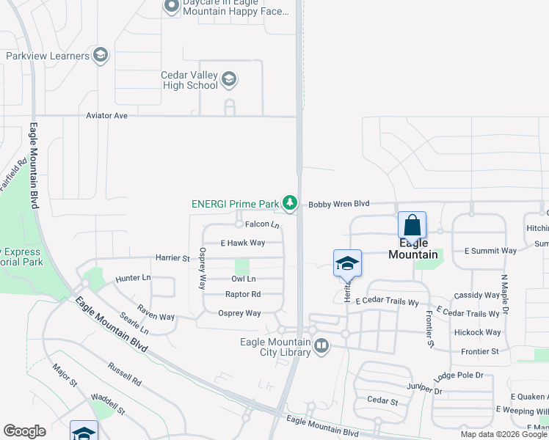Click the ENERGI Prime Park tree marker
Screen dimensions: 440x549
[291, 203]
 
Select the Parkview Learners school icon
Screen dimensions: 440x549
[101, 56]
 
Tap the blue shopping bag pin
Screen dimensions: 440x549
[412, 226]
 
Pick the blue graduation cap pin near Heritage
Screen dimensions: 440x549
[347, 264]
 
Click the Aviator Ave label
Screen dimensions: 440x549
[106, 116]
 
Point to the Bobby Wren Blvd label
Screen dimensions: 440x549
[338, 204]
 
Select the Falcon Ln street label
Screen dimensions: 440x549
[262, 224]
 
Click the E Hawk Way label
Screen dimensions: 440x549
[242, 243]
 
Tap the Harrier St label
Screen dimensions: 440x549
[172, 258]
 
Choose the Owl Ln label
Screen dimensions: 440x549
[243, 279]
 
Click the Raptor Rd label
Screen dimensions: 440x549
[243, 295]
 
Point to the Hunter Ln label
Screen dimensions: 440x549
[133, 279]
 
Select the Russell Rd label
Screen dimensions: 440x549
[124, 373]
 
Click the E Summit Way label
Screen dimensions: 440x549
[490, 251]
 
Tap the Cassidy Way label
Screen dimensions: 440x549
[476, 296]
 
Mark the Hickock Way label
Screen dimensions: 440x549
[477, 332]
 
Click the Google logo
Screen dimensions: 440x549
[24, 431]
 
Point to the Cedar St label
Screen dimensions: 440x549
[382, 401]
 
